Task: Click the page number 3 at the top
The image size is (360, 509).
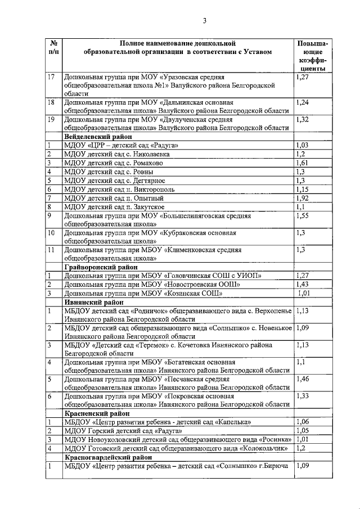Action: (x=205, y=21)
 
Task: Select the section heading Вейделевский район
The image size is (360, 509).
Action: (x=98, y=137)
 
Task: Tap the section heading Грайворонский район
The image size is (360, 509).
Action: (x=101, y=267)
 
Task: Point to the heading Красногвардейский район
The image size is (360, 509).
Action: (x=106, y=458)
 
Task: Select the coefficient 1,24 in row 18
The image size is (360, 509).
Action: (x=303, y=102)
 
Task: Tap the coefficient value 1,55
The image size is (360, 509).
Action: (x=303, y=216)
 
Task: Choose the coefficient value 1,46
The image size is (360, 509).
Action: (x=303, y=380)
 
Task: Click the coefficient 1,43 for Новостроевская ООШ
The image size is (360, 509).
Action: (x=303, y=285)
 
